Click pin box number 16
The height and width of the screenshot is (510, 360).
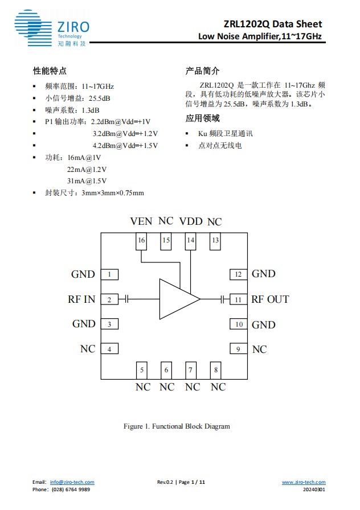coord(141,241)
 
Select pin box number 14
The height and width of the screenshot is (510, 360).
coord(190,241)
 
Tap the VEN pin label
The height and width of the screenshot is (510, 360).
coord(141,221)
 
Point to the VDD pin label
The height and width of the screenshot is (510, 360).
coord(191,221)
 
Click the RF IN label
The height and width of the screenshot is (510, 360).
coord(81,299)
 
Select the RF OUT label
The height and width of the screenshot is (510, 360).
coord(270,299)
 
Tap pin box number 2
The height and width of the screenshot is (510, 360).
coord(109,299)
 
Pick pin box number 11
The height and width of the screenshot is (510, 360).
coord(238,299)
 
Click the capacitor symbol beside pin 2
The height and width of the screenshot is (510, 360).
coord(127,299)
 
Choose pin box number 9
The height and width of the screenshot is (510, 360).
coord(238,349)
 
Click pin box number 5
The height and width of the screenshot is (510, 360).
coord(142,370)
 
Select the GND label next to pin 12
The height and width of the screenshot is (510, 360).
coord(263,274)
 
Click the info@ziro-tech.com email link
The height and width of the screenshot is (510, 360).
coord(72,482)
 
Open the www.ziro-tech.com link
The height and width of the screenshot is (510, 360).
coord(304,482)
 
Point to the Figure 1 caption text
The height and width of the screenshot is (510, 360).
coord(177,426)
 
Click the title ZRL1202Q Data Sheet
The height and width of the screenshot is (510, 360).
coord(272,24)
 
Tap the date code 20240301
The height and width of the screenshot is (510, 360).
coord(314,490)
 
